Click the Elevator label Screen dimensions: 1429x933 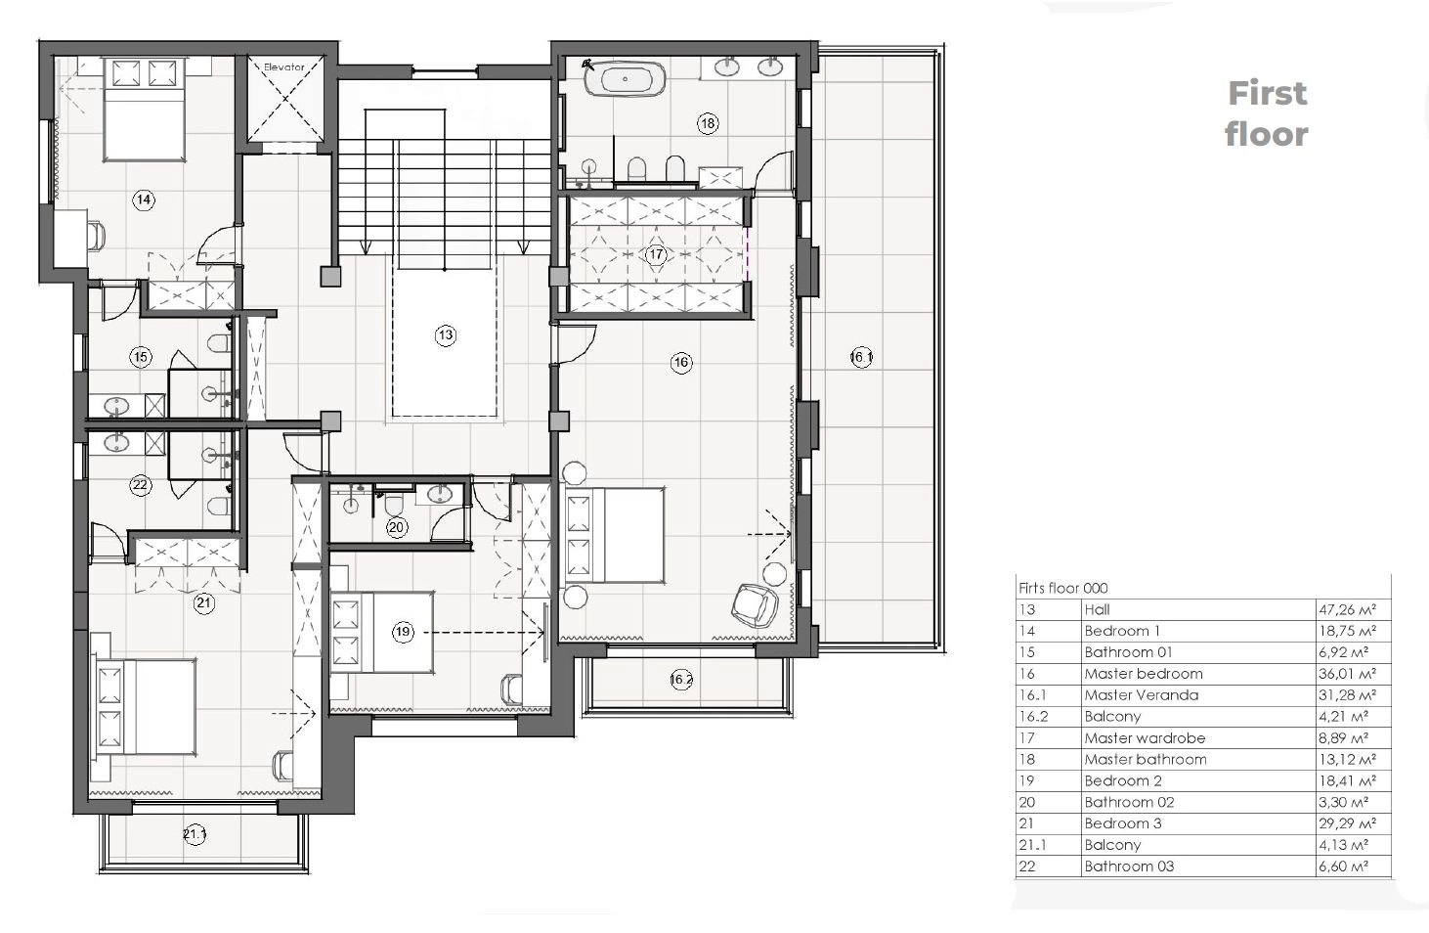click(283, 67)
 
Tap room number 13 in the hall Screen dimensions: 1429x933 click(446, 335)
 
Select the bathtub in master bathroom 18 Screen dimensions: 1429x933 click(625, 79)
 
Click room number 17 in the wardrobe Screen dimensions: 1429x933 click(656, 254)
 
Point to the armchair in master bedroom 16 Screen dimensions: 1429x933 click(755, 605)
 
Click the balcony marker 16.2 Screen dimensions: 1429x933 click(681, 680)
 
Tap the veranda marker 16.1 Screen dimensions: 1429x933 click(861, 357)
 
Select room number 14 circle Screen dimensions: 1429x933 click(144, 200)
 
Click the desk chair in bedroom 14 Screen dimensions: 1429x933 click(97, 236)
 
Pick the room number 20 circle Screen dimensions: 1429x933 click(397, 527)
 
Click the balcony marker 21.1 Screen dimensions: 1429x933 click(195, 834)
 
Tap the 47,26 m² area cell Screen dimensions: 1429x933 click(1347, 609)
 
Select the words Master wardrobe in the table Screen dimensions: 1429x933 click(1146, 737)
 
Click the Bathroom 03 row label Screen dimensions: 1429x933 click(1129, 866)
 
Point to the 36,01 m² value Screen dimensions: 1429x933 click(1347, 673)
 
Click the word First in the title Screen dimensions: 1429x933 click(1268, 93)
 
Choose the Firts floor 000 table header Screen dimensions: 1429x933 click(1062, 588)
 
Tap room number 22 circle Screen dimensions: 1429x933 click(140, 485)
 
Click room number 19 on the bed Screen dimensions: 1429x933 click(403, 632)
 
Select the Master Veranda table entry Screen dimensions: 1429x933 click(1142, 695)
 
